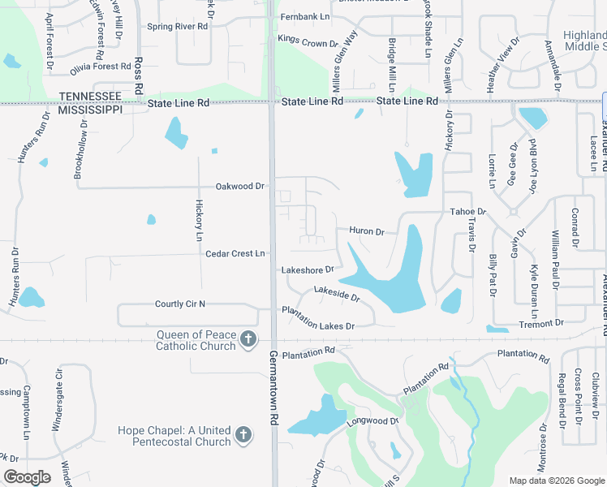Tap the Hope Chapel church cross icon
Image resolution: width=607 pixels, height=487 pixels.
pyautogui.click(x=242, y=437)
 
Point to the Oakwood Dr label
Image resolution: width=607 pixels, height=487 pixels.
pyautogui.click(x=240, y=186)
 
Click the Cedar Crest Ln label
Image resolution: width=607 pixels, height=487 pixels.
pyautogui.click(x=235, y=253)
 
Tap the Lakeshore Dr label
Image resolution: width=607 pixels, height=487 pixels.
pyautogui.click(x=308, y=269)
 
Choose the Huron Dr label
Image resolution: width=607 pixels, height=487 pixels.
pyautogui.click(x=367, y=231)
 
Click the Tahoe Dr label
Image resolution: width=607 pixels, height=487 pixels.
pyautogui.click(x=467, y=212)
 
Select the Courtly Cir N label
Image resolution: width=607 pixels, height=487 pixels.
pyautogui.click(x=180, y=304)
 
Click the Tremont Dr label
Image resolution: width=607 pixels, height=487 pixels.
pyautogui.click(x=541, y=323)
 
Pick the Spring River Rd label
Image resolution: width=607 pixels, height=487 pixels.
pyautogui.click(x=178, y=26)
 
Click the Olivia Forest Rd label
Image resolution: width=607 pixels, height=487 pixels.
pyautogui.click(x=101, y=67)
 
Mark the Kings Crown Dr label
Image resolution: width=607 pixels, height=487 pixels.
pyautogui.click(x=308, y=43)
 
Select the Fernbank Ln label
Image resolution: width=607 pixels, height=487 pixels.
pyautogui.click(x=305, y=16)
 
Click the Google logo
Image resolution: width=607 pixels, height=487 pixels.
pyautogui.click(x=27, y=477)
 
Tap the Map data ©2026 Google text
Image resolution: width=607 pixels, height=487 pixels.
pyautogui.click(x=556, y=481)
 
